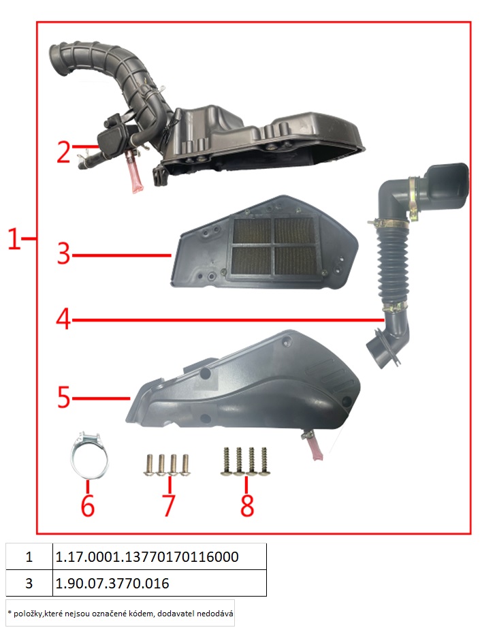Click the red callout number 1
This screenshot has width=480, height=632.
14,238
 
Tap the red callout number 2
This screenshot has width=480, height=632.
64,153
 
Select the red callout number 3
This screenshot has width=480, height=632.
64,254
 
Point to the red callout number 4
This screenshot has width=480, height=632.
63,319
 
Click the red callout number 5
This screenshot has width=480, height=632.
64,398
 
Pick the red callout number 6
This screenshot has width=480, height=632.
88,505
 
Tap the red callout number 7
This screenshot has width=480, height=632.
169,505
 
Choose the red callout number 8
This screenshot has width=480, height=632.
247,505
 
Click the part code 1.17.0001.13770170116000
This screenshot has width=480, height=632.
146,556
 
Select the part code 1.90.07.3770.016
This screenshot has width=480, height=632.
112,583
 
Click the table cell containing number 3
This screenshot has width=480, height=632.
29,583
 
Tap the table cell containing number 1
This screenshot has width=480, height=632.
29,556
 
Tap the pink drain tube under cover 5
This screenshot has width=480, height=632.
315,449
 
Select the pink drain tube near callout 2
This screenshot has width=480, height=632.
134,173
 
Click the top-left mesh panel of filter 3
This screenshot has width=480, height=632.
253,231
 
